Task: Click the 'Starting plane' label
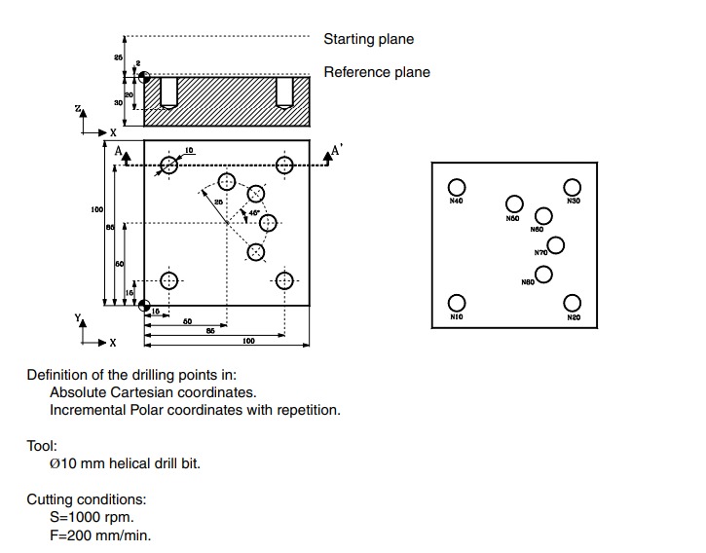pyautogui.click(x=368, y=39)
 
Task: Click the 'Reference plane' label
pyautogui.click(x=376, y=72)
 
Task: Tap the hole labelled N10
pyautogui.click(x=456, y=303)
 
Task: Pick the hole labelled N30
pyautogui.click(x=573, y=187)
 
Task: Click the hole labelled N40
pyautogui.click(x=456, y=187)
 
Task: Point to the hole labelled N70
pyautogui.click(x=556, y=244)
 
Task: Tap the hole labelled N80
pyautogui.click(x=544, y=274)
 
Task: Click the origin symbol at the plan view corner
pyautogui.click(x=144, y=307)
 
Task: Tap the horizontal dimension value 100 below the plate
pyautogui.click(x=248, y=342)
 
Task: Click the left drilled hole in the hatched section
pyautogui.click(x=169, y=92)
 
